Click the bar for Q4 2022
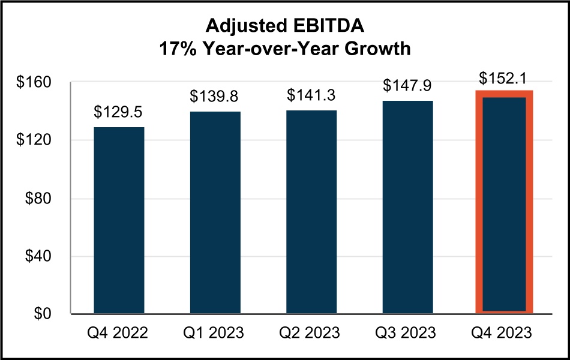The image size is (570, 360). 119,220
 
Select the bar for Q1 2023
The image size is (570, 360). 215,212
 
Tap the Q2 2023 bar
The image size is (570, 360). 311,212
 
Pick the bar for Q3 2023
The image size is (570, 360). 408,207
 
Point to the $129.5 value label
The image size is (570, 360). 119,112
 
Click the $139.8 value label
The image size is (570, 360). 215,97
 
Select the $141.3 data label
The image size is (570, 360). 311,95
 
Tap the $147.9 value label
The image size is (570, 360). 408,86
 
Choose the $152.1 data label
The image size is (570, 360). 504,79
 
